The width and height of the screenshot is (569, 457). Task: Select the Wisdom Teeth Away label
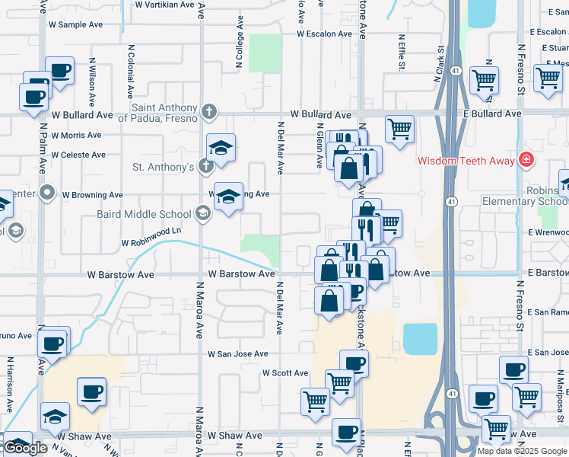click(466, 161)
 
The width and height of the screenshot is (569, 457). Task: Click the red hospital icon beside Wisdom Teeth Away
click(525, 159)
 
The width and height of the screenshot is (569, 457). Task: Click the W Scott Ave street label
click(285, 373)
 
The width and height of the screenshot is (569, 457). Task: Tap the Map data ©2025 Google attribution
click(522, 451)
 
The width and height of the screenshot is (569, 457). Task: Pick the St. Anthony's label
click(164, 167)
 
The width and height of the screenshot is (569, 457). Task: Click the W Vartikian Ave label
click(165, 5)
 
